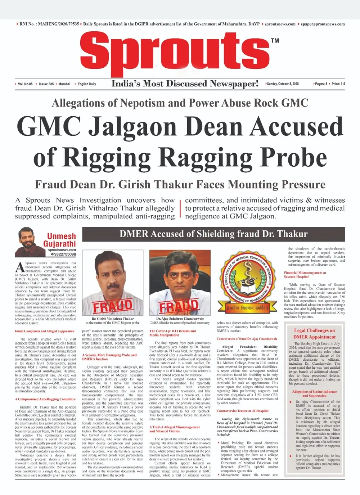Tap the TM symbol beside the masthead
(275, 41)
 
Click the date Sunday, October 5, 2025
(283, 84)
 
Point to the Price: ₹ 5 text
(338, 84)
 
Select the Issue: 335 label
(46, 84)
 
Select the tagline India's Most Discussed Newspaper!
(185, 84)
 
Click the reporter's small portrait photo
(28, 241)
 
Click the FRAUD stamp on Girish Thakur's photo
(113, 306)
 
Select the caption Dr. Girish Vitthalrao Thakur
(112, 319)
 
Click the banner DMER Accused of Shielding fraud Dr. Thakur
(213, 234)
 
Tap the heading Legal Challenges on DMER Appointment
(314, 334)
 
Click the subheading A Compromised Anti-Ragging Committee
(45, 399)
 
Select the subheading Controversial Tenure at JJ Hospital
(242, 411)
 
